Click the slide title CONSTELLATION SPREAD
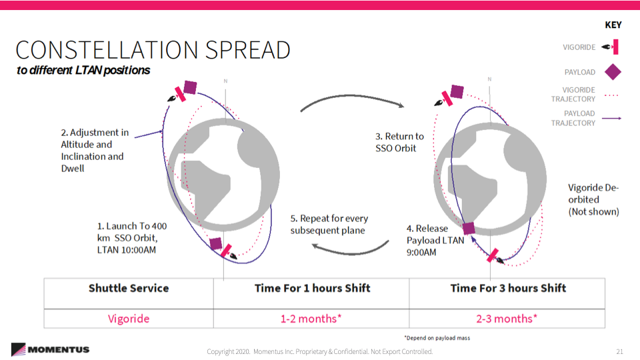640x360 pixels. tap(153, 50)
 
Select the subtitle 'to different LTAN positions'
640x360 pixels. tap(83, 70)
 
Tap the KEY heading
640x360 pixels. tap(613, 25)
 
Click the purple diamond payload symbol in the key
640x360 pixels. tap(613, 72)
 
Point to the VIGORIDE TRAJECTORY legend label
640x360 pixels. tap(573, 94)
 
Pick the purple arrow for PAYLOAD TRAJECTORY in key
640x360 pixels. tap(611, 119)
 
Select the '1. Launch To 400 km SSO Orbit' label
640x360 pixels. tap(132, 238)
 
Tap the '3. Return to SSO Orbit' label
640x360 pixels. tap(399, 142)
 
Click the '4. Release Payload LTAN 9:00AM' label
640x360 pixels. tap(435, 241)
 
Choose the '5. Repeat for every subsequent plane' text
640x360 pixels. tap(329, 225)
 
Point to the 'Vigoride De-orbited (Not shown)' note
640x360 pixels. tap(593, 199)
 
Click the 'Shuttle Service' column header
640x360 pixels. tap(129, 288)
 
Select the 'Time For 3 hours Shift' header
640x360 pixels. tap(508, 288)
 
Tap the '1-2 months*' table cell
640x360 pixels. tap(311, 319)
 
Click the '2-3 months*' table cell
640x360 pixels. tap(507, 319)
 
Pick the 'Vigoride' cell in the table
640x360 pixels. tap(129, 319)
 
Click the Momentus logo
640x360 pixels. tap(50, 349)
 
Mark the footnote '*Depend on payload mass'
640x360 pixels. tap(437, 338)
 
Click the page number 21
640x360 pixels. tap(619, 351)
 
